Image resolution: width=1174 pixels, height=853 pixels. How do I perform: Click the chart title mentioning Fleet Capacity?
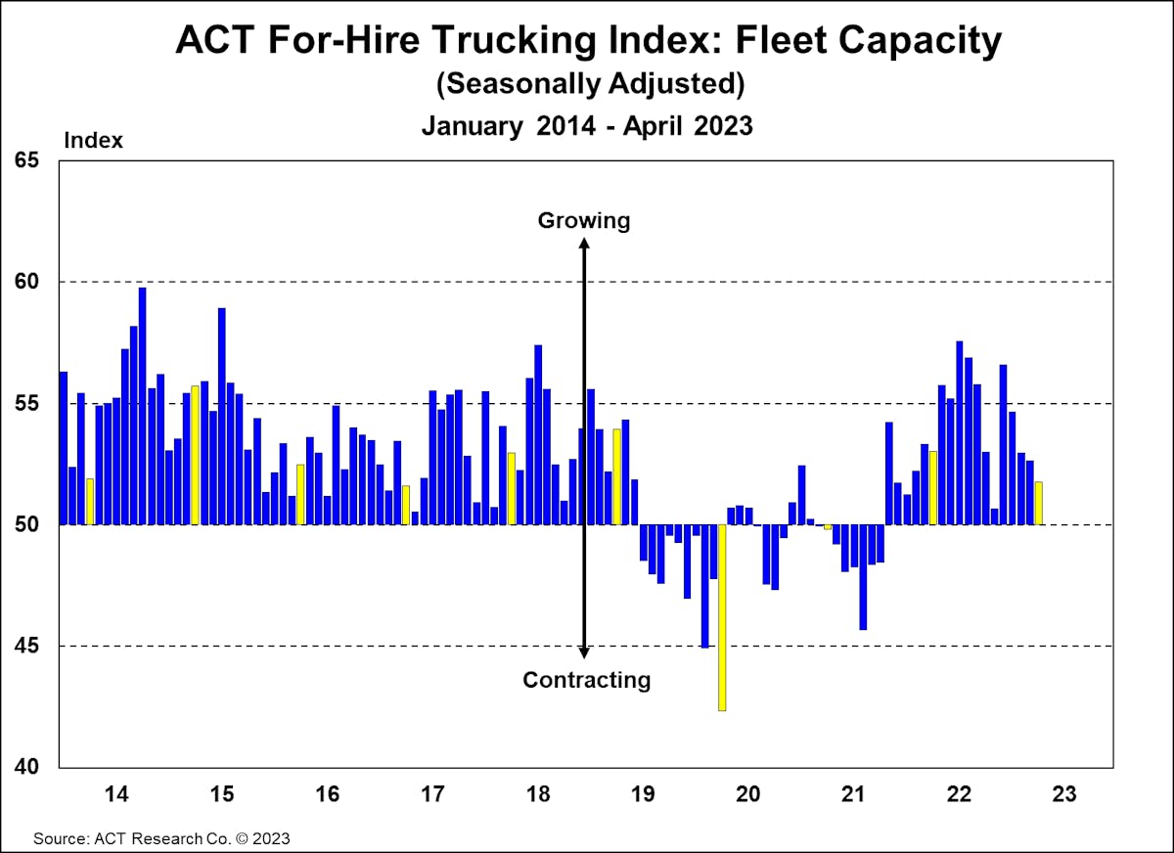[x=587, y=41]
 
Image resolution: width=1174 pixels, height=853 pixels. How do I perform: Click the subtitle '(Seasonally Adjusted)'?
[x=590, y=84]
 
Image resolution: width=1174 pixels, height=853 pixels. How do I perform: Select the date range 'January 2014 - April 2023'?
[x=587, y=125]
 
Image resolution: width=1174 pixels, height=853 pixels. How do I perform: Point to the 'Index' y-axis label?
[x=93, y=140]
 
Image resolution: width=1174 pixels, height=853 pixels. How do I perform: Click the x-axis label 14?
[x=115, y=793]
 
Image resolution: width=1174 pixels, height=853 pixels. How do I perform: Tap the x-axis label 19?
[x=643, y=793]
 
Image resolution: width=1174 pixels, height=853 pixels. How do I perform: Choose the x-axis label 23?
[x=1064, y=793]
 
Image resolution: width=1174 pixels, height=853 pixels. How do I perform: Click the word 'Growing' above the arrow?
[x=584, y=220]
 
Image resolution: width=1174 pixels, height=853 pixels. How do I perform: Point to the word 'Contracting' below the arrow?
[x=586, y=680]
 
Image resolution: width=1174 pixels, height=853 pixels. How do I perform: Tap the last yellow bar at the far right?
[x=1038, y=503]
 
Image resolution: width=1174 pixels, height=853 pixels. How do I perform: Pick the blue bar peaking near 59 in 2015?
[x=222, y=416]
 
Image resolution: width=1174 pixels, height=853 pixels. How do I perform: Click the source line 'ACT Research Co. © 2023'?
[x=161, y=838]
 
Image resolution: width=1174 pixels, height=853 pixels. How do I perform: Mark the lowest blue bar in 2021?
[x=862, y=577]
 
